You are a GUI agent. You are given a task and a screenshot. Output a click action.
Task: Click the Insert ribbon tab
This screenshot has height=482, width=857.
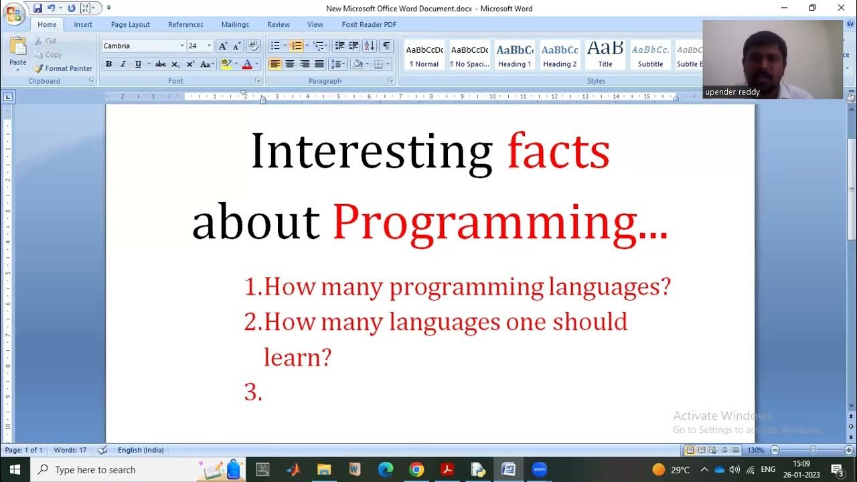(x=83, y=25)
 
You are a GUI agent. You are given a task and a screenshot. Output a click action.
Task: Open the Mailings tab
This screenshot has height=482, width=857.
(x=235, y=25)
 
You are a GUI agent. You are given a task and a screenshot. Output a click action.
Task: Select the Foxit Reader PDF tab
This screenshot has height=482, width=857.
(x=369, y=25)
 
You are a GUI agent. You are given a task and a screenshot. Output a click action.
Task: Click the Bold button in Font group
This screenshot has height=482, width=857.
(x=108, y=64)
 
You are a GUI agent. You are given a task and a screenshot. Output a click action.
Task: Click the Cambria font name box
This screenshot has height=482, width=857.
(x=140, y=46)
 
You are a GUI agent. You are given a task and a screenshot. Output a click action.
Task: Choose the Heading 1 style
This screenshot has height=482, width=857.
(x=514, y=55)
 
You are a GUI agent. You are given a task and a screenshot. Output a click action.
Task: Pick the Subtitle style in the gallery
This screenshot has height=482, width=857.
(x=650, y=55)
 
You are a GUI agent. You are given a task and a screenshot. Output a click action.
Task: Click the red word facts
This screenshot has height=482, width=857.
(x=558, y=151)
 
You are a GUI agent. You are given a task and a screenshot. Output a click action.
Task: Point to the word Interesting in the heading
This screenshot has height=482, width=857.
(x=372, y=151)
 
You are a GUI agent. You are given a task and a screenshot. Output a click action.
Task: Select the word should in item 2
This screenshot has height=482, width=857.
(x=589, y=322)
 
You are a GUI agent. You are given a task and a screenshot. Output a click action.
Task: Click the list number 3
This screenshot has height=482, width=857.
(x=252, y=392)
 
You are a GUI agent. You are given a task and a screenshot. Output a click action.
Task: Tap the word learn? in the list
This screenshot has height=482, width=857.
(x=297, y=357)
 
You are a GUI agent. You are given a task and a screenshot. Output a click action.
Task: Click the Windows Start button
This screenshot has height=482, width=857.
(x=14, y=469)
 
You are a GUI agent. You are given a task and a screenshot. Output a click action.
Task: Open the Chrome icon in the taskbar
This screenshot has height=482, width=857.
(x=416, y=469)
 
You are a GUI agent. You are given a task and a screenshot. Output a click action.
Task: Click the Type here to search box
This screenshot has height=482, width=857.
(x=114, y=470)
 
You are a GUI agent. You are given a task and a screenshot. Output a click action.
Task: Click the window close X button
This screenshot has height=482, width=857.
(x=841, y=8)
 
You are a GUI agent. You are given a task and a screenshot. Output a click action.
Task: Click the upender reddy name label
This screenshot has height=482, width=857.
(x=732, y=92)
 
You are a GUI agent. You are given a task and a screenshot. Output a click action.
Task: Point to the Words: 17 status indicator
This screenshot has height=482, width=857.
(x=70, y=450)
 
